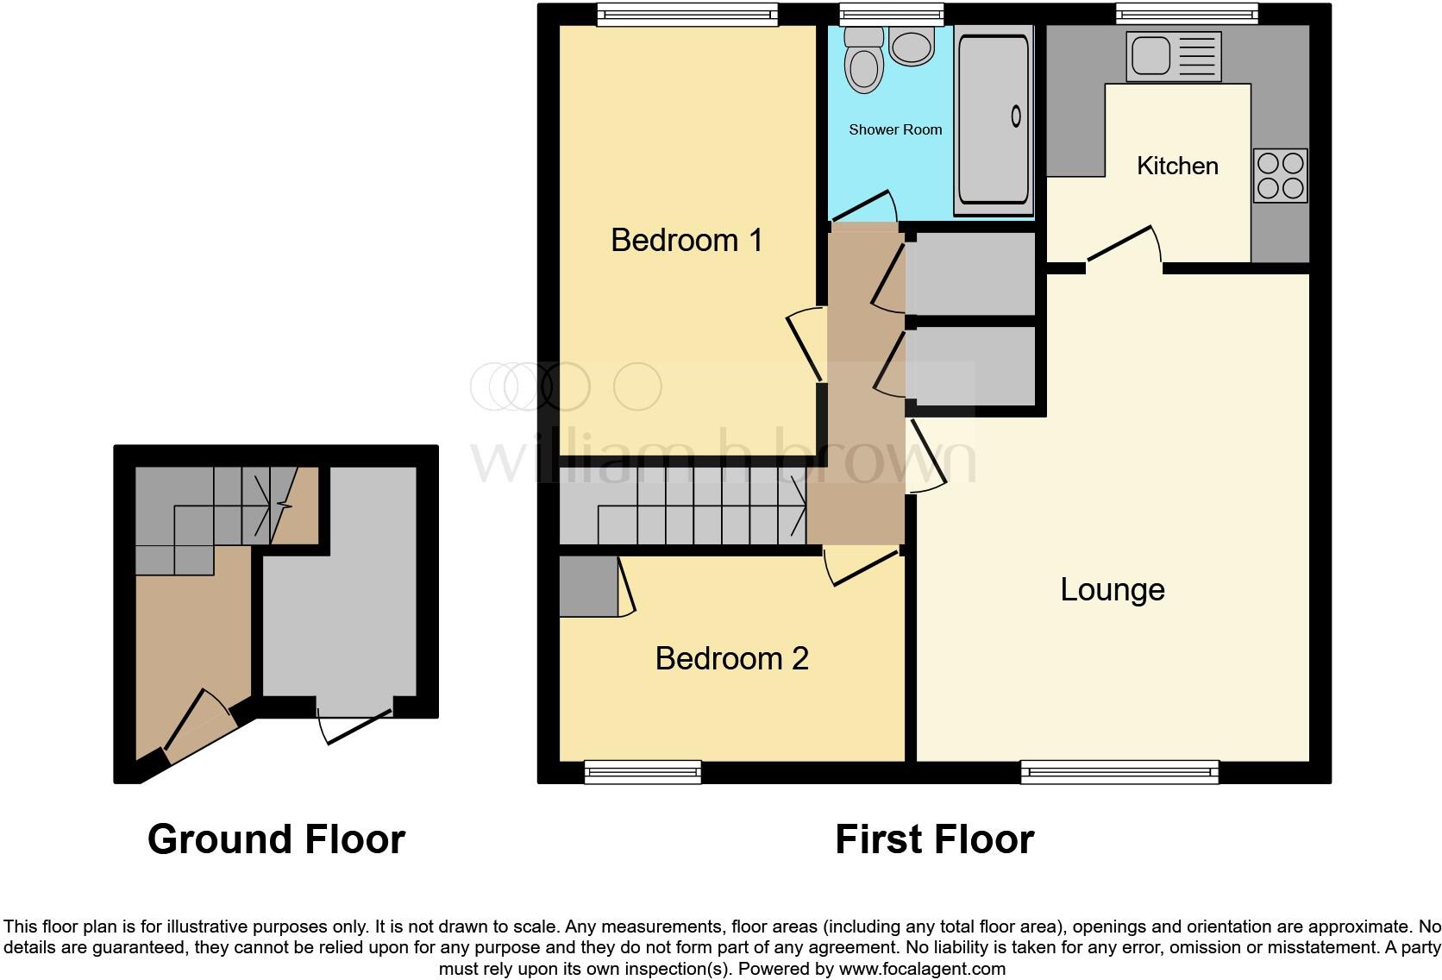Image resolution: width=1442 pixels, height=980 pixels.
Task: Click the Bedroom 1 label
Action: click(x=687, y=240)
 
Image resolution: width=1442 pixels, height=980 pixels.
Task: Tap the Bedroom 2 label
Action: click(x=731, y=658)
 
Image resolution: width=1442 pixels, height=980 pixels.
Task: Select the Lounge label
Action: click(x=1112, y=589)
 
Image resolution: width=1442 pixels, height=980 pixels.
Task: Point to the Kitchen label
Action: click(x=1177, y=166)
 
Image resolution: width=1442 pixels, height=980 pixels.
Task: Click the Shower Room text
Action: click(x=895, y=130)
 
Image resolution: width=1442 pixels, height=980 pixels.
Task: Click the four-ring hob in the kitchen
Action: click(x=1281, y=176)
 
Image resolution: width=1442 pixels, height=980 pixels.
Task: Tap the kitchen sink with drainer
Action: click(x=1173, y=56)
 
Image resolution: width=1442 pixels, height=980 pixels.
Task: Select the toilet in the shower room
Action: click(x=862, y=60)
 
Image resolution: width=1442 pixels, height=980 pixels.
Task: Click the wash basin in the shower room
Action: click(x=912, y=45)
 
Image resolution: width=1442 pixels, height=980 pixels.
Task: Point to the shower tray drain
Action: click(x=1016, y=116)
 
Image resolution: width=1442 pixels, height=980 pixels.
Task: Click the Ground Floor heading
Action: click(x=276, y=839)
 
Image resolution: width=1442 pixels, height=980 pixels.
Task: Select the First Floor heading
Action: click(x=934, y=839)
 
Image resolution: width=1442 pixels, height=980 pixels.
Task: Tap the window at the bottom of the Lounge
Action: click(x=1119, y=772)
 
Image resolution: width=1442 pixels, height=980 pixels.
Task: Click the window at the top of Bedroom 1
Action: click(x=687, y=14)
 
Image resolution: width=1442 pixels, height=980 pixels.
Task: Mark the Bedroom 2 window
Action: click(x=643, y=772)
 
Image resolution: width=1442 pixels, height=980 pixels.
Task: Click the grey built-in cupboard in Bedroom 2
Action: click(x=587, y=587)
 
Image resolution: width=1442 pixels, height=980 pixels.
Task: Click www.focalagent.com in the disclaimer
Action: click(x=922, y=969)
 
